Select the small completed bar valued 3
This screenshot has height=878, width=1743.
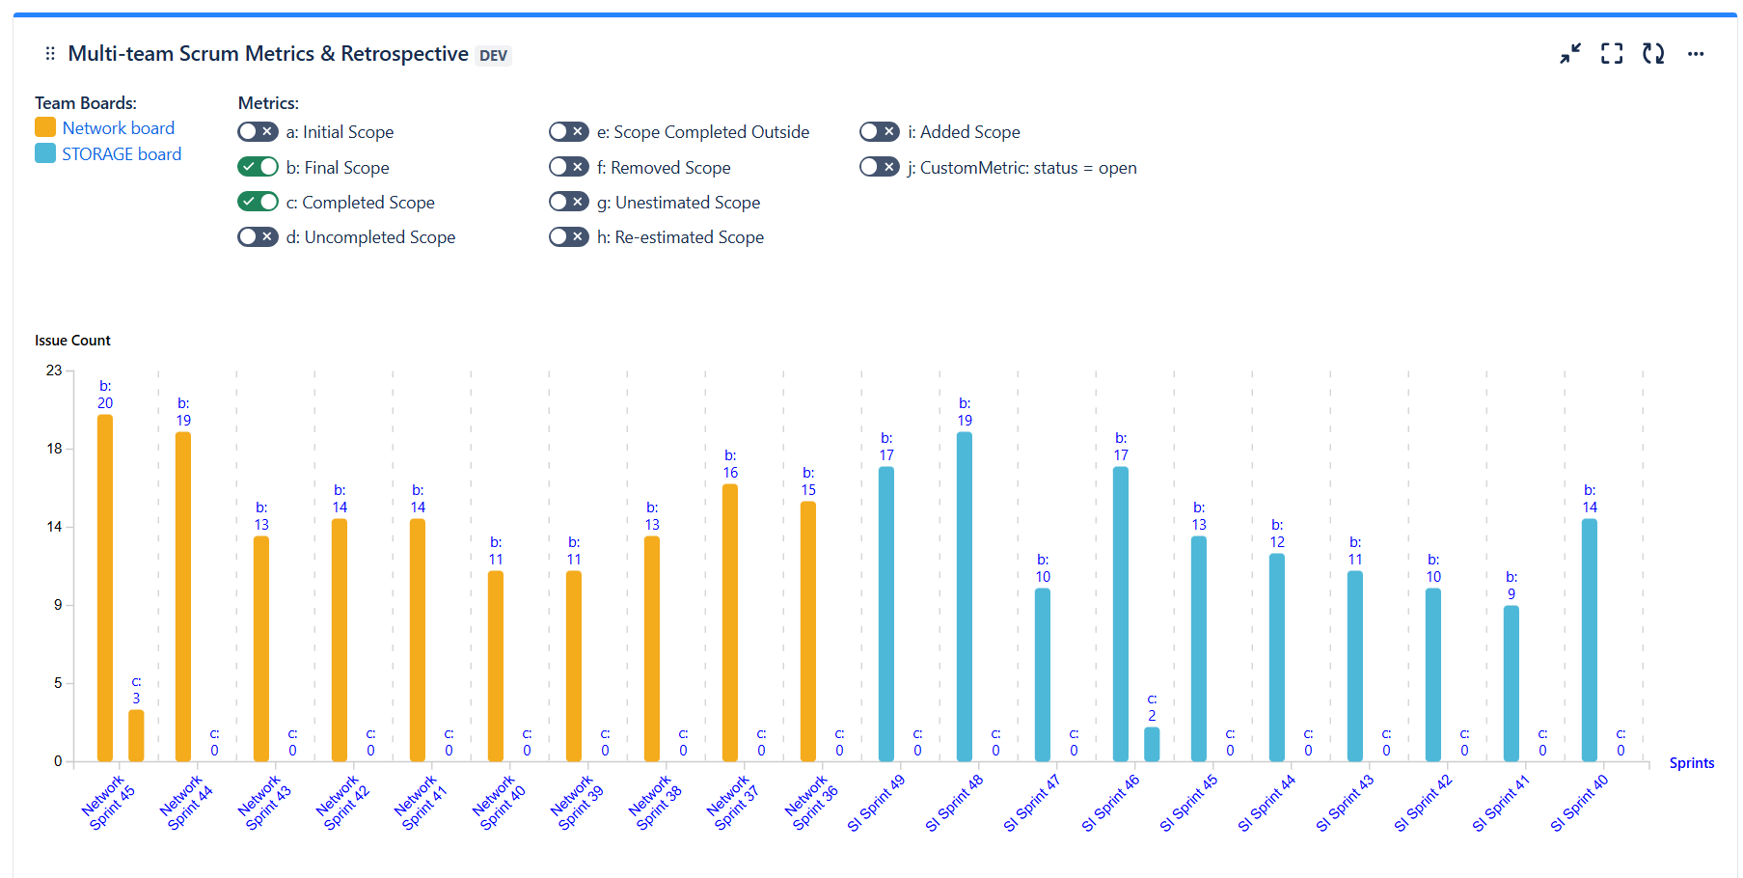coord(136,735)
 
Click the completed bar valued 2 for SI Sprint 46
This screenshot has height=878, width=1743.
coord(1152,744)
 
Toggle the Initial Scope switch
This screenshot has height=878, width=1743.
coord(258,132)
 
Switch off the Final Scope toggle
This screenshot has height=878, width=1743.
coord(258,167)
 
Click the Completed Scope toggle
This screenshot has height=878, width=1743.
coord(258,202)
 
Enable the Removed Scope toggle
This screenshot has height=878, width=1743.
coord(568,167)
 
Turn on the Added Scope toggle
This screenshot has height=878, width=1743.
coord(879,132)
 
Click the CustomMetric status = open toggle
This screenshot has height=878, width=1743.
coord(879,167)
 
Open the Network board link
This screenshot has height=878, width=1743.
coord(118,128)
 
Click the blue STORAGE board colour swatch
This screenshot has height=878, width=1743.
coord(45,153)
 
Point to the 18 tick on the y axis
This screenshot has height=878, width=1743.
coord(54,449)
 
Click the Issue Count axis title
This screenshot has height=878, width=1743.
coord(72,341)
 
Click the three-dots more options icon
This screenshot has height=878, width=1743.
coord(1695,54)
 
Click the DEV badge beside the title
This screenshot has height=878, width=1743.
coord(493,56)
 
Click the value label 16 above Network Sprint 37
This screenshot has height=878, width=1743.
coord(730,473)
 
